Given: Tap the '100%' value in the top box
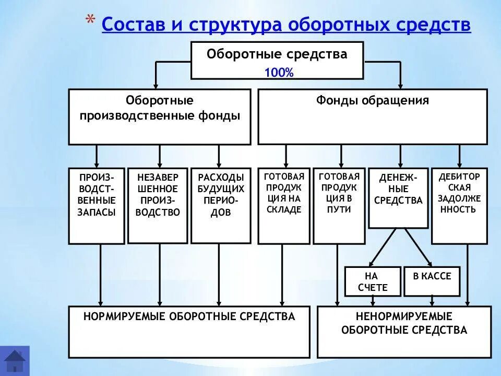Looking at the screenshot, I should coord(279,73).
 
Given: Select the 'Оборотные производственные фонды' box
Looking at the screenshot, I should coord(160,116).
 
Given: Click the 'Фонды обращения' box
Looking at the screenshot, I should coord(372,116).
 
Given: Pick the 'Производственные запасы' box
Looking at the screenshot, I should coord(97,206).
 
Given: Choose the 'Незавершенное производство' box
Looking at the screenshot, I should coord(158,206).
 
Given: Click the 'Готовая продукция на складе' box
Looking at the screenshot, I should coord(283,206).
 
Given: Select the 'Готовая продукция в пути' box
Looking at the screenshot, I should coord(339,206).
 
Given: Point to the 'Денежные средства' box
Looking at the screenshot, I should coord(398,198).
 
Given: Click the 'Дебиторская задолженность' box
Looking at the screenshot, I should coord(459,206).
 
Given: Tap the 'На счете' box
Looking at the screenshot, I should coord(373,281).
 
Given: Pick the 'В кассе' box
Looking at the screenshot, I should coord(432,281).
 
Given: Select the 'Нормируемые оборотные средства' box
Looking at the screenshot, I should coord(189,332).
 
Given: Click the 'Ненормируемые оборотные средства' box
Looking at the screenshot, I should coord(404,332).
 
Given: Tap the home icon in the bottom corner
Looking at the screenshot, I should coord(15,360).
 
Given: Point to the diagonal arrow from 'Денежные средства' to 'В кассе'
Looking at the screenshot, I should coord(418,248).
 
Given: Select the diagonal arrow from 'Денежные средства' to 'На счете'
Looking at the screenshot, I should coord(381,248).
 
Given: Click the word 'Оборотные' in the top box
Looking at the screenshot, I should coord(244,55).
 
